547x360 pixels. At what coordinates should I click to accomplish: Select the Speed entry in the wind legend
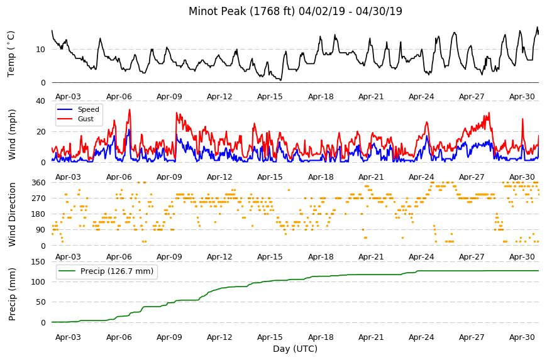tap(88, 109)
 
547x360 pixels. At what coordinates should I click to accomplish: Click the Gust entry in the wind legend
tap(86, 119)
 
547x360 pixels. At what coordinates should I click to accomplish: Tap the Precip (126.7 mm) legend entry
tap(117, 271)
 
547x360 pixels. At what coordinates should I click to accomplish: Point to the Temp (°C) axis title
tap(11, 54)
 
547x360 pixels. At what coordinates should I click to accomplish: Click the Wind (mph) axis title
tap(12, 135)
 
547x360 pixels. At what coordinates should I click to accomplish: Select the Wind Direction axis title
tap(12, 214)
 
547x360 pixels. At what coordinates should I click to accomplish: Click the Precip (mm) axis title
tap(12, 294)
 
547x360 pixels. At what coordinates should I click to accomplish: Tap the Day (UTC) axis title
tap(295, 349)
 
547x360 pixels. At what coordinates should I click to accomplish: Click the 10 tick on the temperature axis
tap(40, 50)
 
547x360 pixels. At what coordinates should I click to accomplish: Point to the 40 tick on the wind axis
tap(40, 101)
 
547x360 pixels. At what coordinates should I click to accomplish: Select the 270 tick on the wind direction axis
tap(38, 199)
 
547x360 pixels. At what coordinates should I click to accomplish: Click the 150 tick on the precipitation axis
tap(38, 262)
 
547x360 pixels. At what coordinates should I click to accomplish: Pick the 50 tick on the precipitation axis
tap(40, 302)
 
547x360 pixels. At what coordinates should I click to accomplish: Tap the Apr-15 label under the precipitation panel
tap(270, 337)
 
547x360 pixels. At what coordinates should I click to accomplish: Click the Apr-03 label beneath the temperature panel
tap(68, 97)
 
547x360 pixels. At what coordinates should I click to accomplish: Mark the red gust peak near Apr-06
tap(130, 110)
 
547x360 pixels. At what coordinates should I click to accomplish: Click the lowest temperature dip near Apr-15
tap(280, 80)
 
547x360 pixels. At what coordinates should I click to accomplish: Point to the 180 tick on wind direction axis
tap(38, 214)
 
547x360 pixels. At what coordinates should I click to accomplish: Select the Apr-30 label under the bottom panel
tap(522, 337)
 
